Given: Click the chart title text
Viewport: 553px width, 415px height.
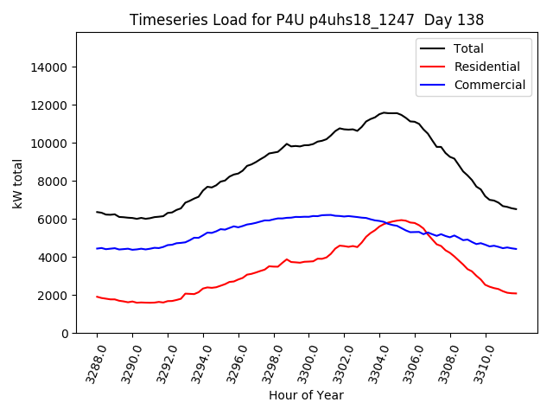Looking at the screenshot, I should point(306,19).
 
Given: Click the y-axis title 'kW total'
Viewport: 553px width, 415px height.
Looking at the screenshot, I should point(17,182).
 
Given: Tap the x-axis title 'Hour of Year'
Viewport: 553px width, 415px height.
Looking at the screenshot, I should point(306,395).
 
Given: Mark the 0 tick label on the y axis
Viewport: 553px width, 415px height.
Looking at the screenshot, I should point(65,334).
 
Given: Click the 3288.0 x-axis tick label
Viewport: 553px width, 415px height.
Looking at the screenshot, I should point(90,361).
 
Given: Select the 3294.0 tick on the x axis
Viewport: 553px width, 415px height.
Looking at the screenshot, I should point(196,361).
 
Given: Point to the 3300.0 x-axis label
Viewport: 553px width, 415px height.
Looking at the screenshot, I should point(302,361).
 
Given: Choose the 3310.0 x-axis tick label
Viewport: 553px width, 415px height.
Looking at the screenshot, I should point(479,361).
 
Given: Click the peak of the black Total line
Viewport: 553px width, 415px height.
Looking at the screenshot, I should point(386,112).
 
